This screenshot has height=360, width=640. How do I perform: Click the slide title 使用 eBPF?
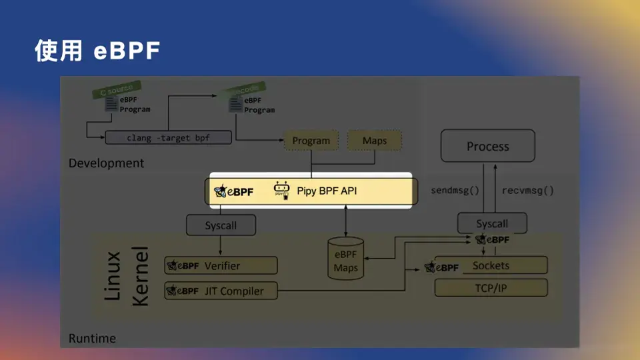[97, 51]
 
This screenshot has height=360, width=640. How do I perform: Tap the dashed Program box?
[311, 141]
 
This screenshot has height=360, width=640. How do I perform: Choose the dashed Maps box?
[374, 141]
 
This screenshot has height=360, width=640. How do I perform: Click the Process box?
[487, 147]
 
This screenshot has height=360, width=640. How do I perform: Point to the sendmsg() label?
[455, 190]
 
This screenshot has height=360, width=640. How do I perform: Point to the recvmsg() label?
[528, 190]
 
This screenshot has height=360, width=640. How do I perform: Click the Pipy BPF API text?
[327, 191]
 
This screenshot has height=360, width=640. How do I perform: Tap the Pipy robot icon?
[282, 190]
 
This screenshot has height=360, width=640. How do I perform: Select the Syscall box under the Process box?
[492, 224]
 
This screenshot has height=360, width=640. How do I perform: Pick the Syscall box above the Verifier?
[221, 225]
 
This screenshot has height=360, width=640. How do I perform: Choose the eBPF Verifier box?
[221, 265]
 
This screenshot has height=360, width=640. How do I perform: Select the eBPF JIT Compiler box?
[221, 291]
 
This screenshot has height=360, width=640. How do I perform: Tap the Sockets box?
[491, 265]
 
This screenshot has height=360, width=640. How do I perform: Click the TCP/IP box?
[491, 289]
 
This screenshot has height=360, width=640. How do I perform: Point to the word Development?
[106, 163]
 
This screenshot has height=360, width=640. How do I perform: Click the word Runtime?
[92, 338]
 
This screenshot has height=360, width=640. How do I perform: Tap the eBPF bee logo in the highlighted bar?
[233, 192]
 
